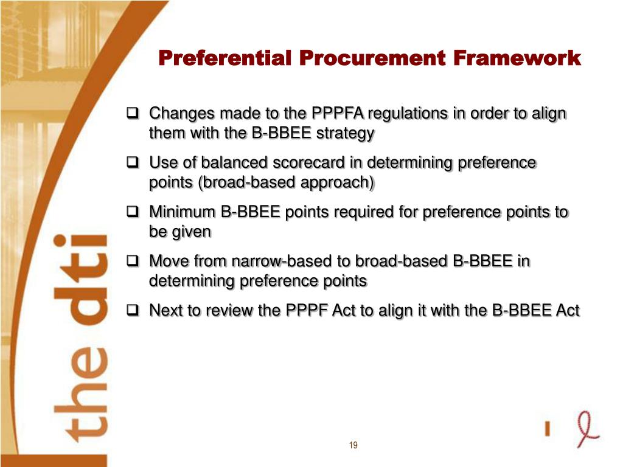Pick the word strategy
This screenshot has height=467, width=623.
(x=346, y=134)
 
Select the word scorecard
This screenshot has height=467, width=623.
(x=309, y=163)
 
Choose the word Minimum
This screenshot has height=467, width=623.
(x=183, y=212)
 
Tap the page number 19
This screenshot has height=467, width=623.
(x=353, y=446)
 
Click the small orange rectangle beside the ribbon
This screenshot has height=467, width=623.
(x=548, y=429)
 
